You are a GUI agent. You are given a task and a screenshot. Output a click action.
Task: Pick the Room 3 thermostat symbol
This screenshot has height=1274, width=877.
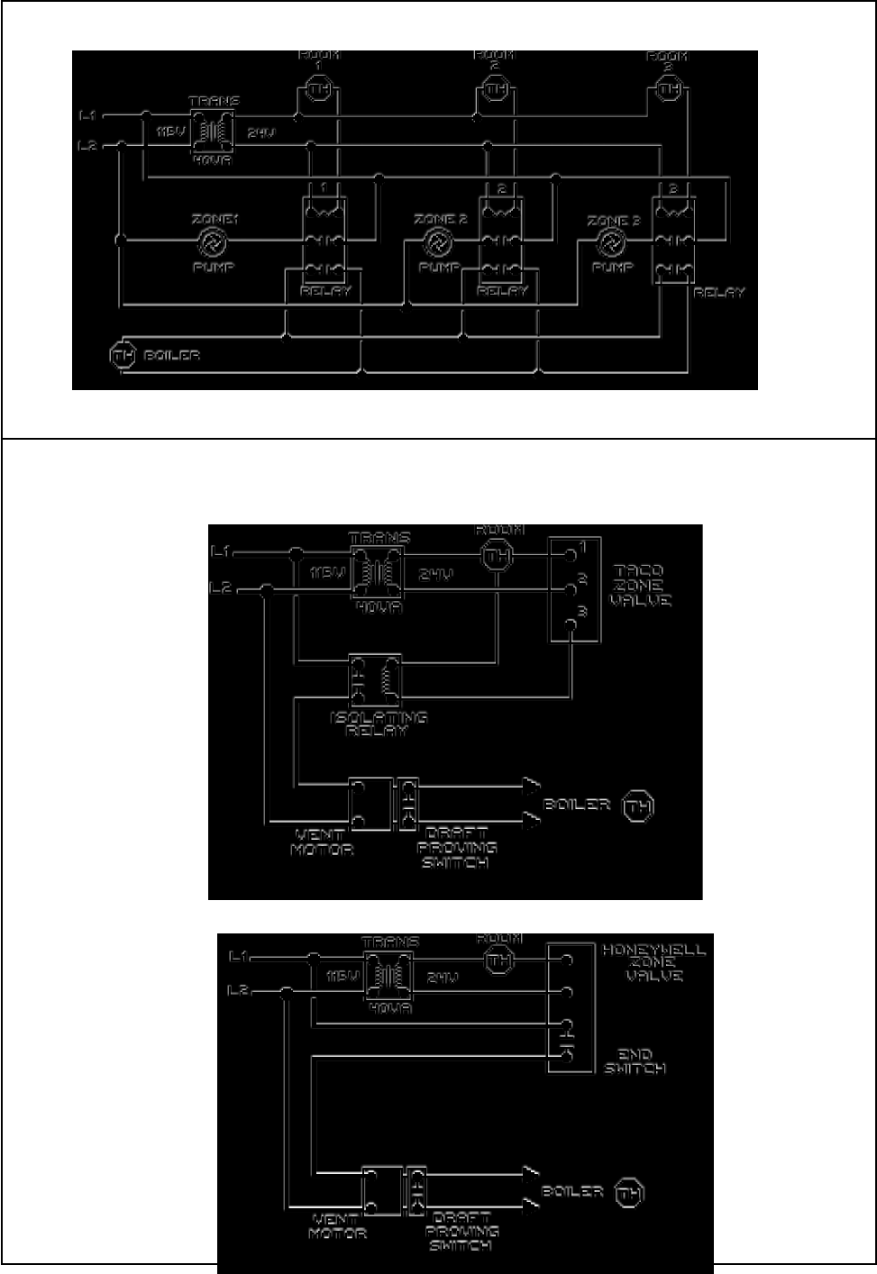pyautogui.click(x=668, y=89)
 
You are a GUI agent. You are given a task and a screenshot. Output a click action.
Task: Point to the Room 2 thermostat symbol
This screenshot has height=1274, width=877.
pyautogui.click(x=494, y=89)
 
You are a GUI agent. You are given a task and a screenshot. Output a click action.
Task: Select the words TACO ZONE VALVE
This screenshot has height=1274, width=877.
pyautogui.click(x=640, y=586)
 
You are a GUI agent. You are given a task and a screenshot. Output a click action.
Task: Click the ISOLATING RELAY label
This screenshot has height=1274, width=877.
pyautogui.click(x=378, y=723)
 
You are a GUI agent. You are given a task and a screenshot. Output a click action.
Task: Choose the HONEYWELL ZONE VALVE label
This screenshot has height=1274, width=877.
pyautogui.click(x=653, y=962)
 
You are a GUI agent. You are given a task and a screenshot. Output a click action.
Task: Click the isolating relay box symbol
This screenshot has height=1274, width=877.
pyautogui.click(x=375, y=680)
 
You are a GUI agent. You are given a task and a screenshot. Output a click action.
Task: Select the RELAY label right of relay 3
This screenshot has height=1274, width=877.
pyautogui.click(x=719, y=293)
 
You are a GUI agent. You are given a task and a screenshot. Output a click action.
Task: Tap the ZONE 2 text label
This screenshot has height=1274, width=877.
pyautogui.click(x=440, y=220)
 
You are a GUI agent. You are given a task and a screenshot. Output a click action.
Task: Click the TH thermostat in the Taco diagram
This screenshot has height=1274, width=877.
pyautogui.click(x=497, y=557)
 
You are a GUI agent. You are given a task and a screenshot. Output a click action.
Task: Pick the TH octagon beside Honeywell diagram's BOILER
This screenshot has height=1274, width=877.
pyautogui.click(x=629, y=1195)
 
